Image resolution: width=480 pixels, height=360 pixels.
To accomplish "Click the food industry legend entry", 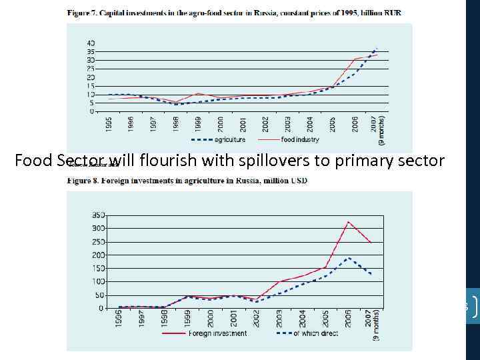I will pos(300,139).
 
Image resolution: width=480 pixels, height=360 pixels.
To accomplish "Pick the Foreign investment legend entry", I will pos(217,333).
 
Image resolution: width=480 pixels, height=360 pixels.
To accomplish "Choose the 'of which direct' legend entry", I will pos(316,333).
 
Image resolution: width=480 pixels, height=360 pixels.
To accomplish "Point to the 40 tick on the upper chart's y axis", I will pos(91,43).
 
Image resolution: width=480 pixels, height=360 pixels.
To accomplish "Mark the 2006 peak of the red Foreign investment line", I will pos(348,222).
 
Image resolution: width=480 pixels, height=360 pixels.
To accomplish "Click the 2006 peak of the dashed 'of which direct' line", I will pos(348,257).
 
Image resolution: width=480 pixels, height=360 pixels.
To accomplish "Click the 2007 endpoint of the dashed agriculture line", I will pos(377,48).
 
